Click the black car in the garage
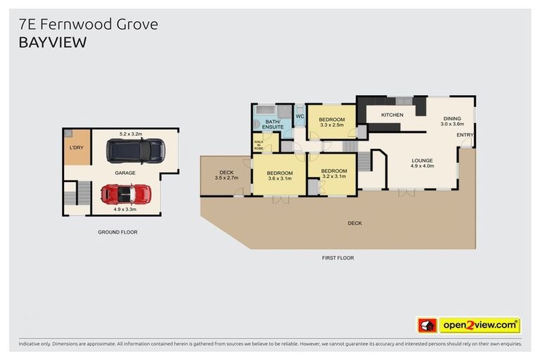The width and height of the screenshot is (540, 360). (x=136, y=150)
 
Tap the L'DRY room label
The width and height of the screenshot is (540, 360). (x=76, y=148)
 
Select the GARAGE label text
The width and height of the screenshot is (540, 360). (x=126, y=172)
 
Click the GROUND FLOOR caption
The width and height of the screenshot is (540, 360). (x=117, y=231)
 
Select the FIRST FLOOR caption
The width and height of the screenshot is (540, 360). (x=337, y=258)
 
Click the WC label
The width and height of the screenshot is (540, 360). (x=299, y=116)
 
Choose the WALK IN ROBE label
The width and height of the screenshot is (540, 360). (x=259, y=145)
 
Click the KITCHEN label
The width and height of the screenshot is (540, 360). (x=392, y=115)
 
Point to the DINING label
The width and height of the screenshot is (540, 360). (x=451, y=118)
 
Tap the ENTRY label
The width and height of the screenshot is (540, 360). (x=465, y=135)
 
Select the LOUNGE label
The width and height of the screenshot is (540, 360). (x=423, y=160)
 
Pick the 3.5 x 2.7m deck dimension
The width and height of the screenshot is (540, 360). (x=226, y=178)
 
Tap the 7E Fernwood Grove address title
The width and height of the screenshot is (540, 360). (x=88, y=24)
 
